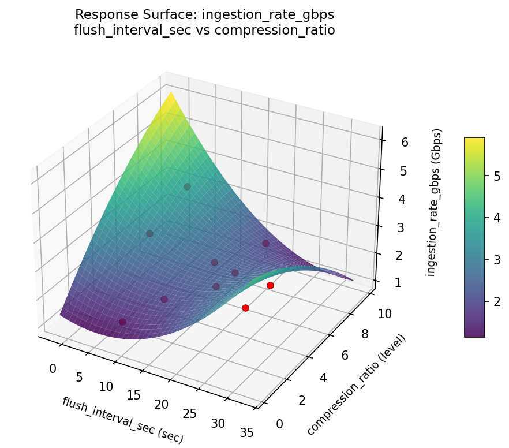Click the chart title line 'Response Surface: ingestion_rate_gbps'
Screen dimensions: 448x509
pos(204,14)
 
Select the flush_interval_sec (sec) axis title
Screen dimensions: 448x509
pos(122,420)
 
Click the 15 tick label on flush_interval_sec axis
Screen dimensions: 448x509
pos(133,395)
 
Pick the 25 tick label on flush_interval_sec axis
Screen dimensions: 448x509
pos(189,413)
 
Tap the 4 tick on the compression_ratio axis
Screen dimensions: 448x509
pos(324,378)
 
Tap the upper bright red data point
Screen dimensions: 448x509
pos(270,285)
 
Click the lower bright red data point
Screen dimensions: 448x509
pos(245,308)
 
